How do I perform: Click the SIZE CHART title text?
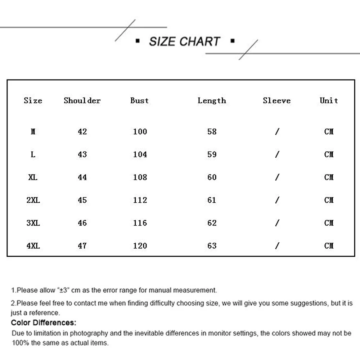click(184, 41)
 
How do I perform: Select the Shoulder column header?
click(82, 101)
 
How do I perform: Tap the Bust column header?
click(139, 101)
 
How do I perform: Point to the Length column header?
click(212, 101)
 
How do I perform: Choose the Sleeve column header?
click(276, 101)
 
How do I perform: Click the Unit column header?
click(329, 101)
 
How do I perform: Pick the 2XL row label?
click(33, 200)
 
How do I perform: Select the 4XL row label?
click(33, 246)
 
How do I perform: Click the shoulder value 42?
click(82, 132)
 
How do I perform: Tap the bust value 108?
click(140, 177)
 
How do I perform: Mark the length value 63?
click(212, 246)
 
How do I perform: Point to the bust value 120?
click(140, 246)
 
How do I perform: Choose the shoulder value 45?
click(82, 200)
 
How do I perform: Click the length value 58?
click(212, 132)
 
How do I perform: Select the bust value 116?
click(140, 223)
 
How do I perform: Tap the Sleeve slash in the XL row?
click(277, 177)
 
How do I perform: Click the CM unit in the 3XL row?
click(329, 223)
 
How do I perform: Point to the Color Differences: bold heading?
click(44, 323)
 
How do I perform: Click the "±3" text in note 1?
click(63, 290)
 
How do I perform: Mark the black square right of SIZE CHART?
click(232, 41)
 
